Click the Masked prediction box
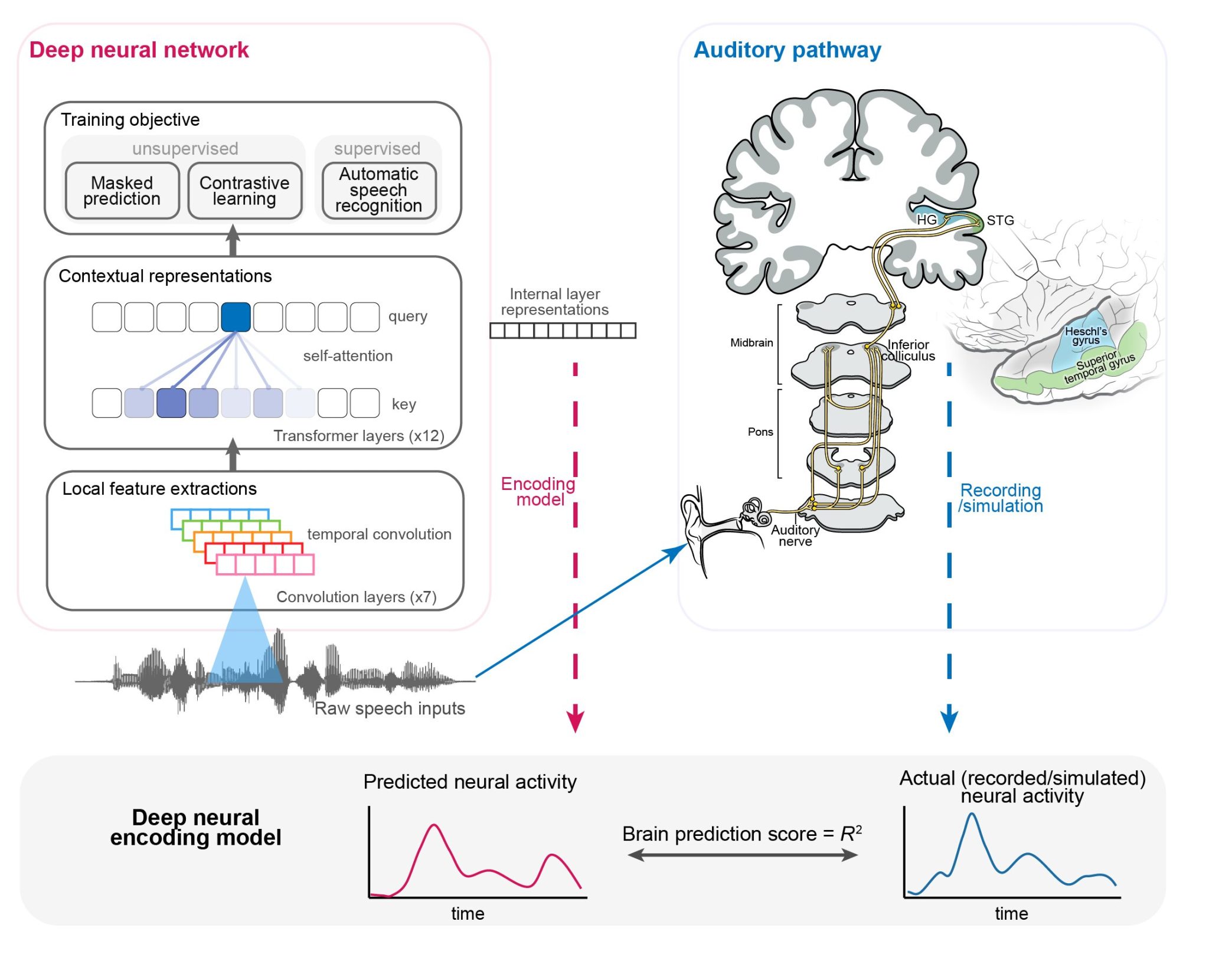(x=122, y=191)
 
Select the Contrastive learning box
(x=244, y=191)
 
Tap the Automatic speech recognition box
(x=379, y=190)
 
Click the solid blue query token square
(x=236, y=317)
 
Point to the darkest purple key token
(x=171, y=403)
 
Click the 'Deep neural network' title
(x=139, y=50)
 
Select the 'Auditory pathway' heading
(x=787, y=50)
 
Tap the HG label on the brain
(x=926, y=220)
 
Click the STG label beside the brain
(x=1000, y=220)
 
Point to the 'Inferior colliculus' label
(x=909, y=350)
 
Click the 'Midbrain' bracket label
(x=751, y=342)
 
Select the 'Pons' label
(x=760, y=432)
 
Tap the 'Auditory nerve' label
(x=795, y=535)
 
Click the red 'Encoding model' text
(x=538, y=492)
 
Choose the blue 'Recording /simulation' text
(x=1000, y=498)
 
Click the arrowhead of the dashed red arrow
(x=575, y=722)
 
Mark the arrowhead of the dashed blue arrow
(x=949, y=721)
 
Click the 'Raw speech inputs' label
(x=390, y=708)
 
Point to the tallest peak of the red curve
(x=434, y=825)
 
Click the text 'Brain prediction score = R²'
(x=742, y=834)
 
